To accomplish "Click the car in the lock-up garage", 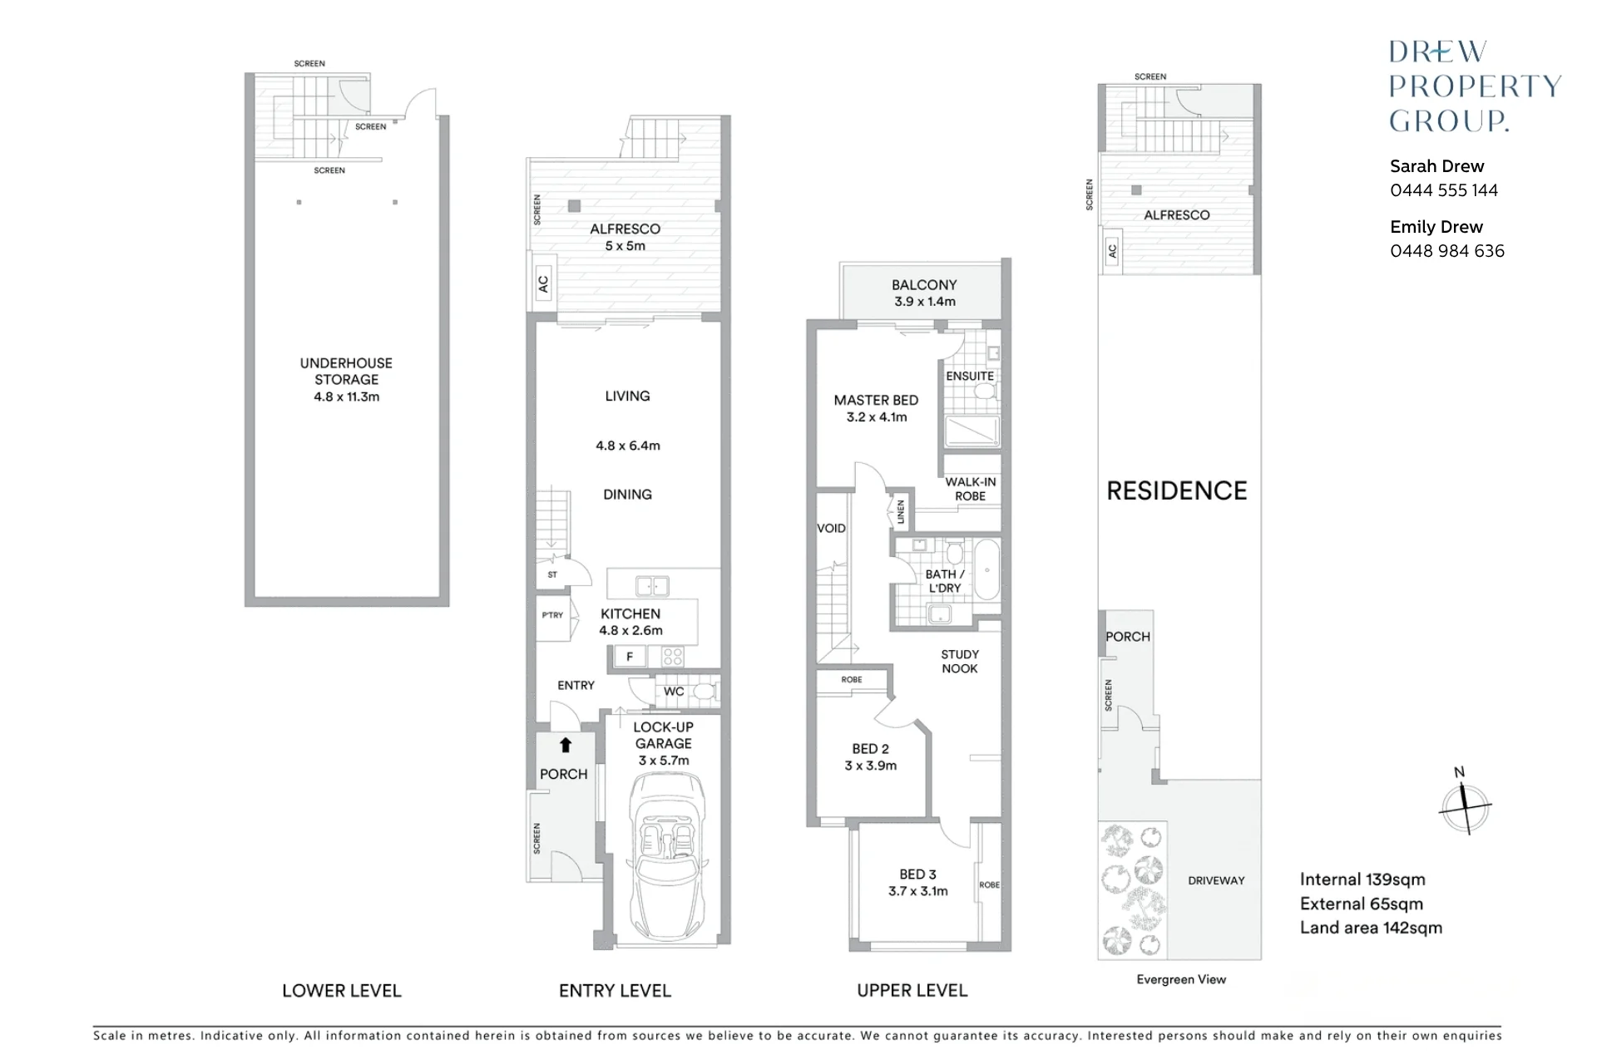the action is [x=664, y=856].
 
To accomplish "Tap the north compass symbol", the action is [x=1465, y=802].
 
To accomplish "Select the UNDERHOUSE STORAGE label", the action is [x=346, y=371].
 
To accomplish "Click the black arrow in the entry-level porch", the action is [x=566, y=745].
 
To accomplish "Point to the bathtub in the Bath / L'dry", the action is [x=986, y=570].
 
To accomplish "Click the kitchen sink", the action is [x=652, y=586].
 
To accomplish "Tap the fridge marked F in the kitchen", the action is [x=630, y=657].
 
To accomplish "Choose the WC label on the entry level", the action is [x=674, y=692].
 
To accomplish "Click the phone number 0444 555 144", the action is [x=1444, y=190].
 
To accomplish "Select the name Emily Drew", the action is [x=1436, y=227].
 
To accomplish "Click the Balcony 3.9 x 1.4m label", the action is [x=924, y=293].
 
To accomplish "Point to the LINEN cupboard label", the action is [x=901, y=511].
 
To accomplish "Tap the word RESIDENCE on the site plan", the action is [x=1177, y=491].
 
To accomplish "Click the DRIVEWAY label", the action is [x=1216, y=880].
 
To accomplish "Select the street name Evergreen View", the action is [x=1181, y=979].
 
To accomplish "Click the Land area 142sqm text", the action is [x=1372, y=928].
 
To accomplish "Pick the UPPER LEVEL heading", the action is [x=912, y=991].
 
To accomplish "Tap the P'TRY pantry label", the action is [x=552, y=615].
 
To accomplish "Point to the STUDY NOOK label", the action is [x=960, y=662].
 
